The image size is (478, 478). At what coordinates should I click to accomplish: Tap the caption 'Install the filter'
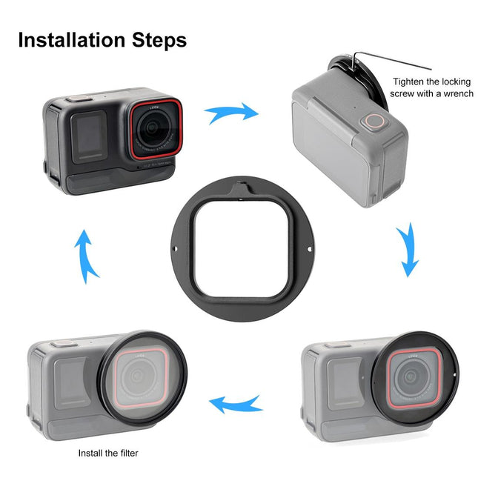pyautogui.click(x=108, y=453)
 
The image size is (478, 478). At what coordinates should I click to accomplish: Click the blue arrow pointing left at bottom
pyautogui.click(x=235, y=404)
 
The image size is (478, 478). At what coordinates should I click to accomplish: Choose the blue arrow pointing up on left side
pyautogui.click(x=87, y=256)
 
